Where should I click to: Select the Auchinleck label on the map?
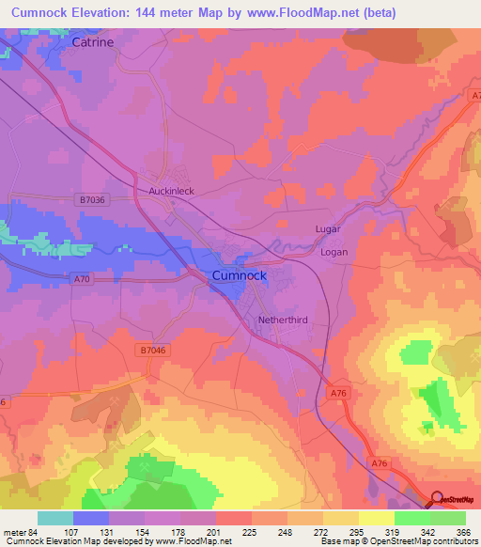(172, 191)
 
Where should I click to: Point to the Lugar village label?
(327, 229)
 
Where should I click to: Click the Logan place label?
(334, 252)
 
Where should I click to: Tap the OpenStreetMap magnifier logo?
(437, 500)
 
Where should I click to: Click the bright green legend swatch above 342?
(411, 518)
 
